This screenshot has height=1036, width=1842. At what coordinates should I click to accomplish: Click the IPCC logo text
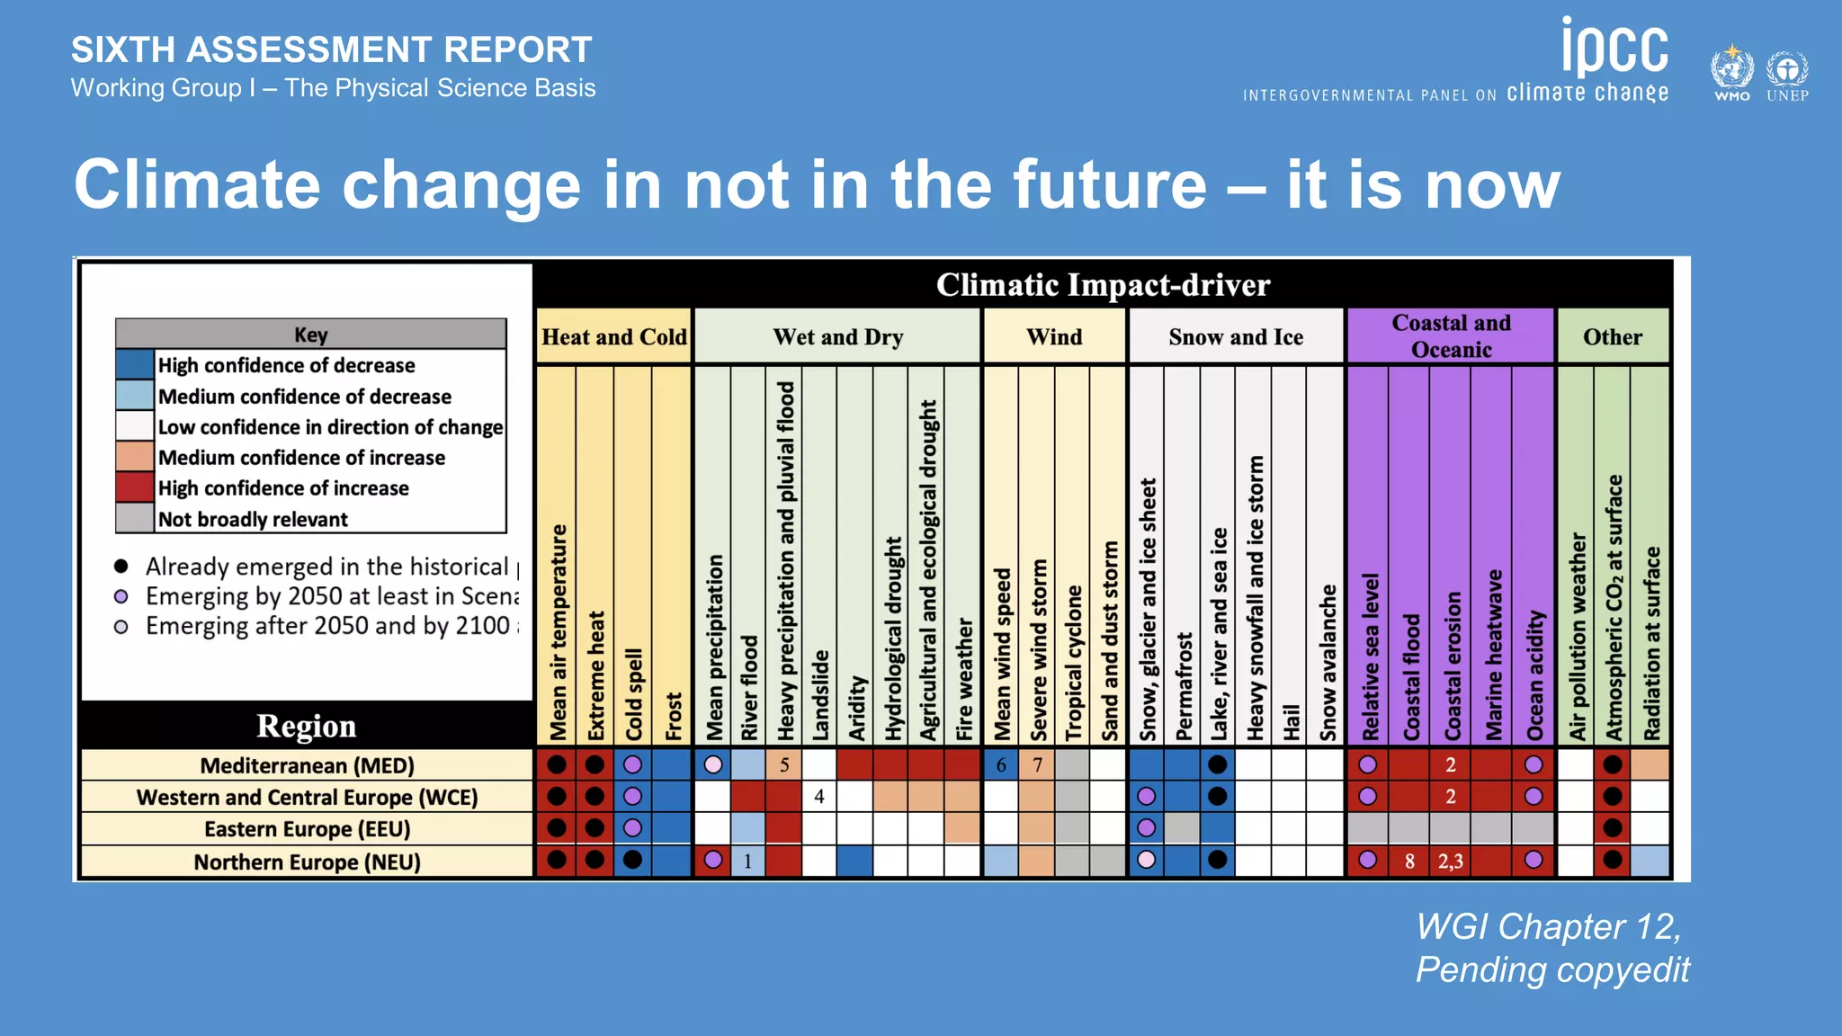1614,49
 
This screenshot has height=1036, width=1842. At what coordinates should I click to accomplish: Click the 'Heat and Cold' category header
614,337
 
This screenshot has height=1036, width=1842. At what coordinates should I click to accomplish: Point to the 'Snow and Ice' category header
1236,337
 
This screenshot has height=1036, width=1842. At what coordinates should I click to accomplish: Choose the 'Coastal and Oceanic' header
1451,336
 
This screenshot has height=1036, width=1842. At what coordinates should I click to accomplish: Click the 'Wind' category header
1054,337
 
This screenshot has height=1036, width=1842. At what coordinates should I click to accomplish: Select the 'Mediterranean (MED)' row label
307,765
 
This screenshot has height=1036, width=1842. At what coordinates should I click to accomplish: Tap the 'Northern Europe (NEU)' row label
307,862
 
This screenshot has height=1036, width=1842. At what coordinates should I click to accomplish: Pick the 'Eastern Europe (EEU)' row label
307,829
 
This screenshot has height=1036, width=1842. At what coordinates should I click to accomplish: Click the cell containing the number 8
1409,862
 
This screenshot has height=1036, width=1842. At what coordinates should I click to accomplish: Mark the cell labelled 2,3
1450,862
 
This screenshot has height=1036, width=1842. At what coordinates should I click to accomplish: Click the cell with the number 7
1037,765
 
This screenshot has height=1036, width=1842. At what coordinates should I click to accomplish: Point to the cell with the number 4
818,797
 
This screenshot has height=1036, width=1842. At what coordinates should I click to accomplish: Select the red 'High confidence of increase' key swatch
135,487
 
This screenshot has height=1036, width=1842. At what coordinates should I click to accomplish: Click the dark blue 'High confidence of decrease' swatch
135,364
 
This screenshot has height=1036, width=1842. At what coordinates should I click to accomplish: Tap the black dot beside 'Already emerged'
121,566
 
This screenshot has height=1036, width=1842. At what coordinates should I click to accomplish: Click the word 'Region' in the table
306,726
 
